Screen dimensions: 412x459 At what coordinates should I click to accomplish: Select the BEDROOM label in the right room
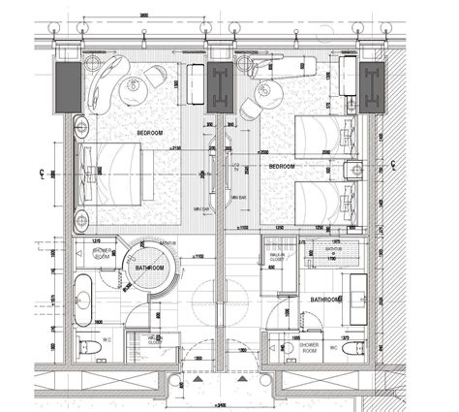click(280, 166)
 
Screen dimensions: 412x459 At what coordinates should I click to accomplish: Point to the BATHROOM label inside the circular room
click(148, 267)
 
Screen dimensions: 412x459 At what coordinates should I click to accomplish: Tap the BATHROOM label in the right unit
click(326, 301)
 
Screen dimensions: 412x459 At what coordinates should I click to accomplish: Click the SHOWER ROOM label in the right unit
click(310, 345)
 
